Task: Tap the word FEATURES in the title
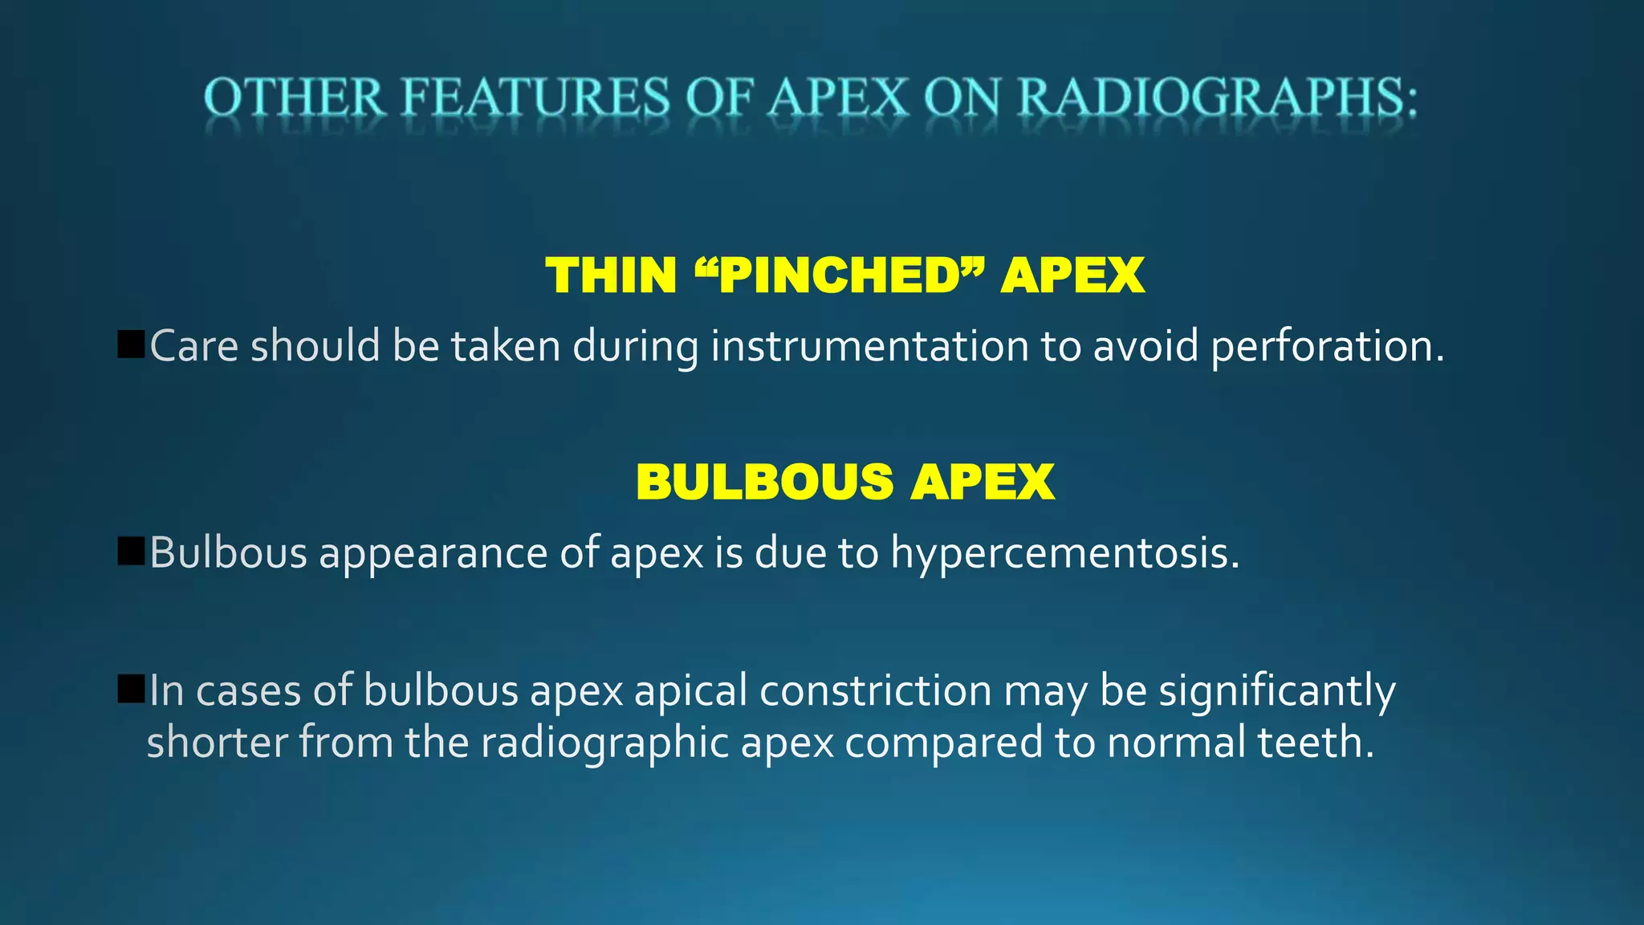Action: click(x=535, y=98)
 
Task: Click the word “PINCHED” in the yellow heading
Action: click(x=838, y=275)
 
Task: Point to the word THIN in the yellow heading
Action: click(x=611, y=275)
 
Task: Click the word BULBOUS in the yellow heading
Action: click(x=764, y=482)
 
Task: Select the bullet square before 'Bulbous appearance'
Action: click(x=130, y=551)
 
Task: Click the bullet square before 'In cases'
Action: click(x=130, y=688)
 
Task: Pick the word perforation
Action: click(x=1326, y=347)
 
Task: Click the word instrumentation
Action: click(x=869, y=347)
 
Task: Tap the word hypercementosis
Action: click(x=1064, y=554)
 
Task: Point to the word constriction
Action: click(x=875, y=691)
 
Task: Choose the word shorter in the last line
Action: click(x=217, y=742)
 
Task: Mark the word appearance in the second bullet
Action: click(x=433, y=554)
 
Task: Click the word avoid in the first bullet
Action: click(x=1146, y=347)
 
